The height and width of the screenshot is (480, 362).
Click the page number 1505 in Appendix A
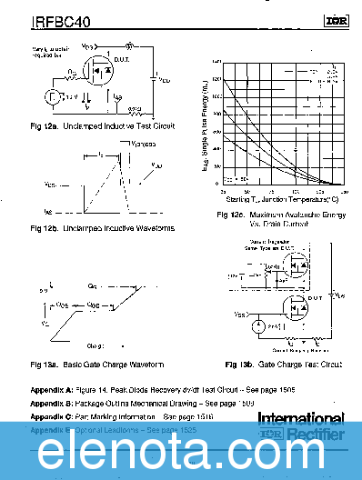pos(269,388)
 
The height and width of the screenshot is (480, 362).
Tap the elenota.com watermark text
pos(181,450)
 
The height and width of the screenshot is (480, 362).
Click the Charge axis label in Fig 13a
pos(96,345)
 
